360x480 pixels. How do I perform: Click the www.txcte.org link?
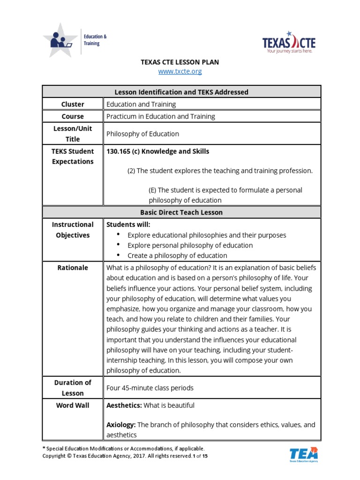coord(180,71)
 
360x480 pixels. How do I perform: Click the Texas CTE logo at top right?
coord(289,43)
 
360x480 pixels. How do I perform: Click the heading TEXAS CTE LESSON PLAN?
coord(180,62)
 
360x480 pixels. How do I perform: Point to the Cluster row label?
coord(73,104)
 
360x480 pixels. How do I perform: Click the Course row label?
coord(73,116)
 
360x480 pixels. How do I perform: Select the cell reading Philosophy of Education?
coord(142,134)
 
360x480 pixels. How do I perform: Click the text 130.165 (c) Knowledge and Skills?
coord(157,151)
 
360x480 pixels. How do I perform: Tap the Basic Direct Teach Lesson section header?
coord(182,212)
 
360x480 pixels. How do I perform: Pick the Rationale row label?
coord(73,267)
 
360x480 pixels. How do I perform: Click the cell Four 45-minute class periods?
coord(150,388)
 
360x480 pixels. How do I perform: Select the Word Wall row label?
coord(73,405)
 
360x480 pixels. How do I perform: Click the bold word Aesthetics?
coord(124,405)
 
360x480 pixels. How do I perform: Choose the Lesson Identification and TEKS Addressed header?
coord(182,92)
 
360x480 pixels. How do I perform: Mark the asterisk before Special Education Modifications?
coord(44,449)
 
